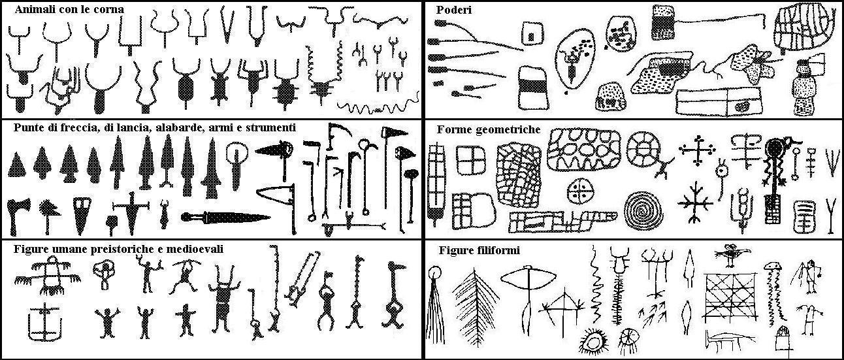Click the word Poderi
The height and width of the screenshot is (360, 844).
pos(454,10)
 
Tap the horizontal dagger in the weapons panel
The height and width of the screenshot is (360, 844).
pos(225,218)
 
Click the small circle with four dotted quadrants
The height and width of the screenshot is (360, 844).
pos(580,191)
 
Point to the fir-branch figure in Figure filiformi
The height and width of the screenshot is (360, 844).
pos(475,307)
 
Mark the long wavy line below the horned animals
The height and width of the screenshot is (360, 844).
pos(378,106)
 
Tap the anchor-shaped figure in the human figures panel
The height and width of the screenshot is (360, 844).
pos(44,322)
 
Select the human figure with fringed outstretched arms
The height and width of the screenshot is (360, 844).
pos(48,275)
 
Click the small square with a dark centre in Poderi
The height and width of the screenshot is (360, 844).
pos(532,35)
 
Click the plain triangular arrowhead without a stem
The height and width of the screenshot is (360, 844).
pos(16,165)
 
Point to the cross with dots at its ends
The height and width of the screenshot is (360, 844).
pos(698,150)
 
